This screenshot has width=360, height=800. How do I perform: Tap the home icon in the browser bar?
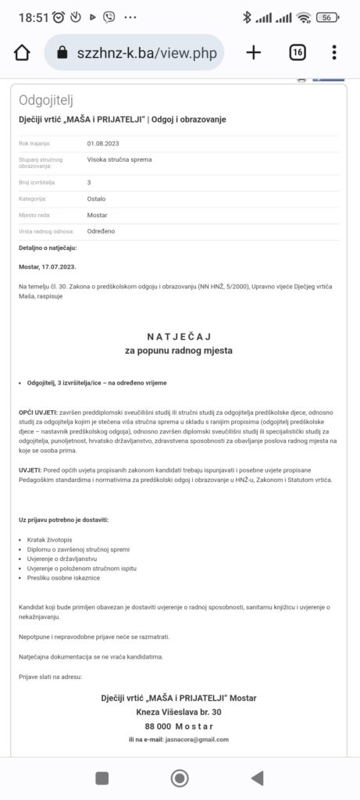click(22, 52)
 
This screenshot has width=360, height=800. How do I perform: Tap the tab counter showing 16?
click(298, 52)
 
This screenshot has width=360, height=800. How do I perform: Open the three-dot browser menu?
click(334, 52)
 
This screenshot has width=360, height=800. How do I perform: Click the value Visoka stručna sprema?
click(119, 160)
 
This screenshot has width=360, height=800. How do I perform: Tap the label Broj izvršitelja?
click(37, 183)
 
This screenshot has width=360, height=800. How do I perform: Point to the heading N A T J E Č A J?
click(179, 336)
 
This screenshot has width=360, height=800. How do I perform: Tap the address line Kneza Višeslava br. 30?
click(179, 712)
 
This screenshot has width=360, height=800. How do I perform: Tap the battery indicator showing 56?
click(328, 17)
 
